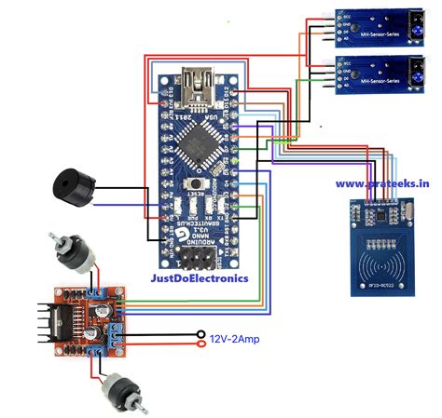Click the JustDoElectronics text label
(x=200, y=277)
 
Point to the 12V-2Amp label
(x=234, y=338)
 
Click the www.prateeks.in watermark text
(x=382, y=184)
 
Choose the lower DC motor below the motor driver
(x=122, y=389)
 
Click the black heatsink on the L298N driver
(x=41, y=321)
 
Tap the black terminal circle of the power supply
(x=199, y=332)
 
